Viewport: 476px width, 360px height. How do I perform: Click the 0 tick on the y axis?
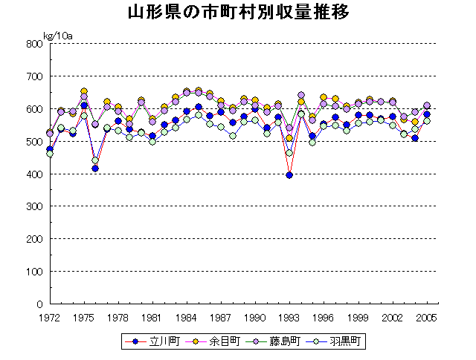[x=39, y=304]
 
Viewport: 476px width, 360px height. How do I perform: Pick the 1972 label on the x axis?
[x=50, y=317]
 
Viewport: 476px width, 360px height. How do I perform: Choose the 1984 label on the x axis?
[x=187, y=317]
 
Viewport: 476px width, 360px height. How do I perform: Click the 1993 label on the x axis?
[x=289, y=317]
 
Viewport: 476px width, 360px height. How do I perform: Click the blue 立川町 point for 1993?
[x=289, y=175]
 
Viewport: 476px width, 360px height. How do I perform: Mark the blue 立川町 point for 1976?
[x=95, y=168]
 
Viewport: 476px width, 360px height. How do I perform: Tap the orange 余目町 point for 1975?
[x=84, y=91]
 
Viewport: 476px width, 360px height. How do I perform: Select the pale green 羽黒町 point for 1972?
[x=50, y=154]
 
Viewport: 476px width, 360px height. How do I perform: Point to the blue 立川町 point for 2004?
[x=415, y=138]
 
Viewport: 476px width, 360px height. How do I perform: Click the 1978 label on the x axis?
[x=118, y=317]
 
